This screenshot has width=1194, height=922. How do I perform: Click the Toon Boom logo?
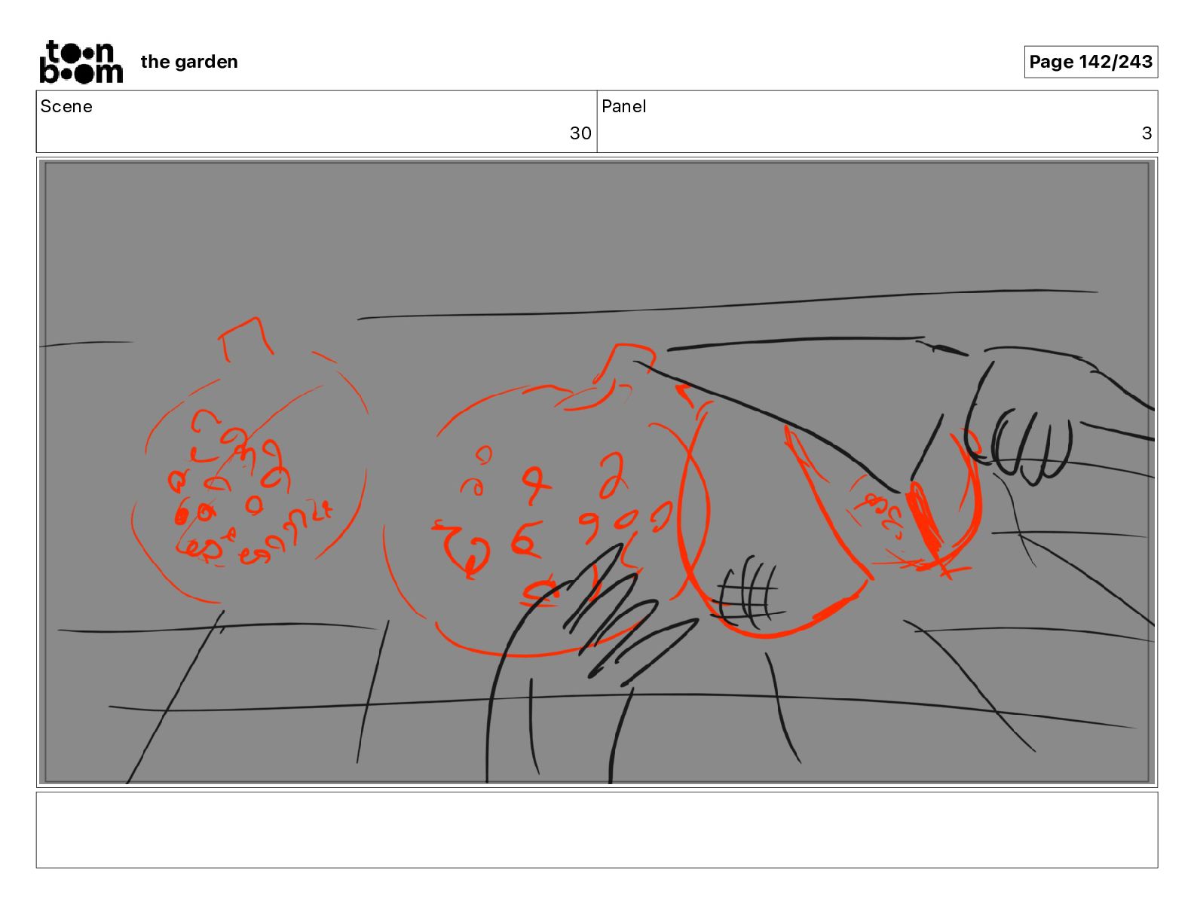(81, 62)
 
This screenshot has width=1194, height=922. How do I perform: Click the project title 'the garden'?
(189, 62)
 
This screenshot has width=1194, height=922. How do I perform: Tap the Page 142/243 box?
(1091, 62)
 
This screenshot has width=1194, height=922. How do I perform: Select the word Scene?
(66, 106)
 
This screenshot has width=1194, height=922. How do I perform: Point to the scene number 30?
(580, 133)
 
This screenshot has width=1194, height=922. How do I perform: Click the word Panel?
(623, 106)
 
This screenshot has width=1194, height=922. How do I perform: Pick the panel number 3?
(1147, 133)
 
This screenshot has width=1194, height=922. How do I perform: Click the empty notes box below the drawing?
(597, 830)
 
